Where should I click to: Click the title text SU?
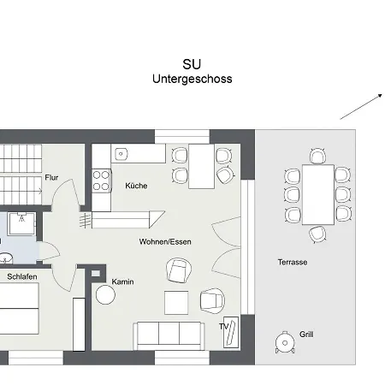pyautogui.click(x=192, y=64)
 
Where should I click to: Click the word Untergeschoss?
pyautogui.click(x=192, y=79)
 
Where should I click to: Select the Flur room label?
pyautogui.click(x=51, y=177)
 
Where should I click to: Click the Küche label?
pyautogui.click(x=135, y=186)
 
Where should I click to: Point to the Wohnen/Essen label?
pyautogui.click(x=165, y=242)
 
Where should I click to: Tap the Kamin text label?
pyautogui.click(x=122, y=281)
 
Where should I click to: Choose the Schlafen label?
pyautogui.click(x=21, y=277)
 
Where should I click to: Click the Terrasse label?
pyautogui.click(x=292, y=262)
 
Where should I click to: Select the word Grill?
pyautogui.click(x=306, y=334)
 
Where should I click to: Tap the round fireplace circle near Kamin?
pyautogui.click(x=105, y=295)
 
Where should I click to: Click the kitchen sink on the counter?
pyautogui.click(x=121, y=154)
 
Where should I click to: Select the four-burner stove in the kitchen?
pyautogui.click(x=102, y=181)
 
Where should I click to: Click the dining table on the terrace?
pyautogui.click(x=317, y=193)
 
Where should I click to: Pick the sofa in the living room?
pyautogui.click(x=168, y=335)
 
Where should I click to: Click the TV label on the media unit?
pyautogui.click(x=223, y=327)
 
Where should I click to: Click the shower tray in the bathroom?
pyautogui.click(x=22, y=224)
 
